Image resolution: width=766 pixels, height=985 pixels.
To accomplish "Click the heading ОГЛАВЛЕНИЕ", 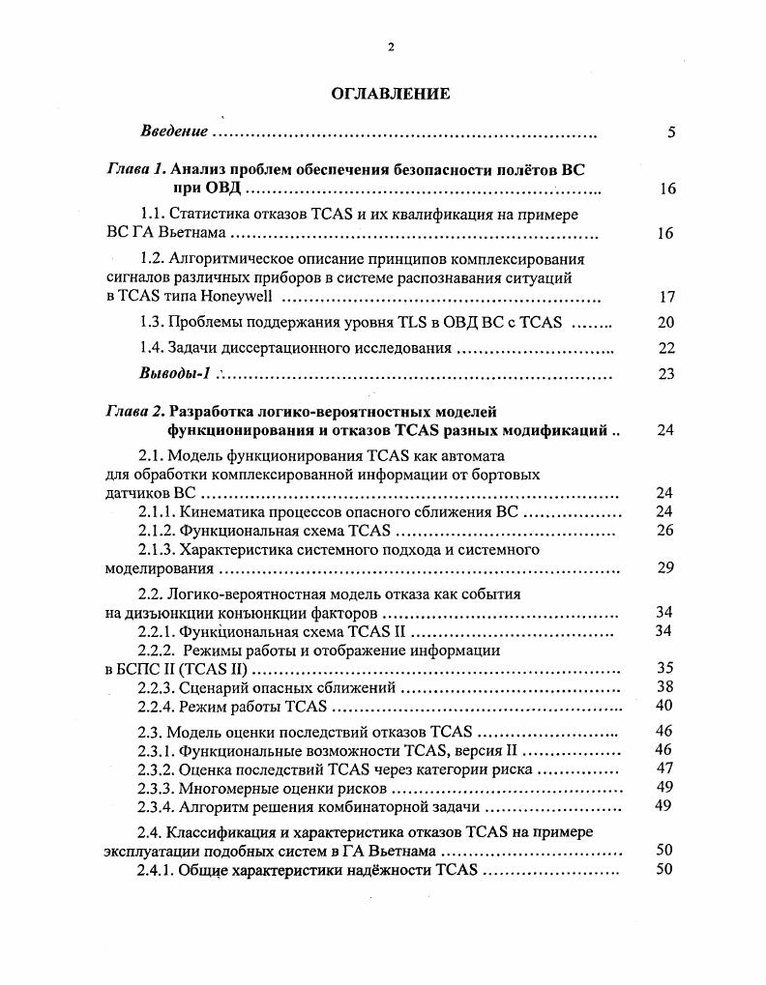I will click(391, 94).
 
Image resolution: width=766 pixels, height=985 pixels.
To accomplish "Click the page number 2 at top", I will click(391, 46).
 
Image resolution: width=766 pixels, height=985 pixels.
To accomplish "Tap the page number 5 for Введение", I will click(670, 132).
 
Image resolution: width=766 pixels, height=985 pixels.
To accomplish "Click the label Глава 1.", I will click(136, 169).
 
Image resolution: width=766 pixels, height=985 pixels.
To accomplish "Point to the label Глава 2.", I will click(136, 412).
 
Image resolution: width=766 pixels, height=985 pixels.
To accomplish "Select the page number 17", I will click(666, 297).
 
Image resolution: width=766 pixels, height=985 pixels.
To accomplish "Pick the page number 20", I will click(666, 323).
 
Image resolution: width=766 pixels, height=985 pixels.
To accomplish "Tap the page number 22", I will click(666, 349).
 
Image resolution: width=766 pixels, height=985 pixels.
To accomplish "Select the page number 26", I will click(664, 531).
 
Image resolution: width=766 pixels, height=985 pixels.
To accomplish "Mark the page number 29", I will click(664, 567).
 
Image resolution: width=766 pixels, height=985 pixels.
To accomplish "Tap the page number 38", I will click(664, 687).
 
